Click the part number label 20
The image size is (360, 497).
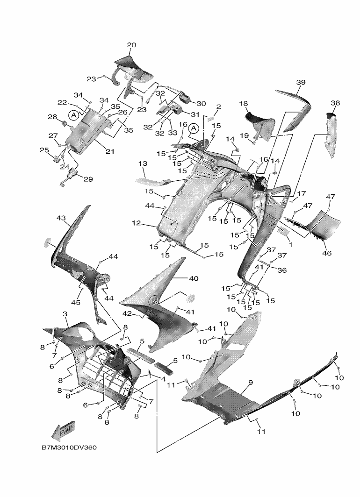[x=131, y=45]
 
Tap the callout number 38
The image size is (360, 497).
[x=335, y=103]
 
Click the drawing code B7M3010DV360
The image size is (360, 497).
[x=69, y=447]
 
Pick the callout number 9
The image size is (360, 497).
[x=251, y=383]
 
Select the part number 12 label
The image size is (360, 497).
[x=136, y=224]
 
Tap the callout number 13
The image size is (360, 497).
[x=143, y=163]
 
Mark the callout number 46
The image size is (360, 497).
[x=327, y=254]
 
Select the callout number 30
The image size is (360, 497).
[x=201, y=103]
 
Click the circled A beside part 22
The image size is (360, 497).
[x=73, y=115]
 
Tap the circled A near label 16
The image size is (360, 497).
[x=194, y=128]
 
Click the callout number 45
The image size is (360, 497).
[x=75, y=303]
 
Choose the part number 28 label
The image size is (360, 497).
[x=52, y=117]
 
